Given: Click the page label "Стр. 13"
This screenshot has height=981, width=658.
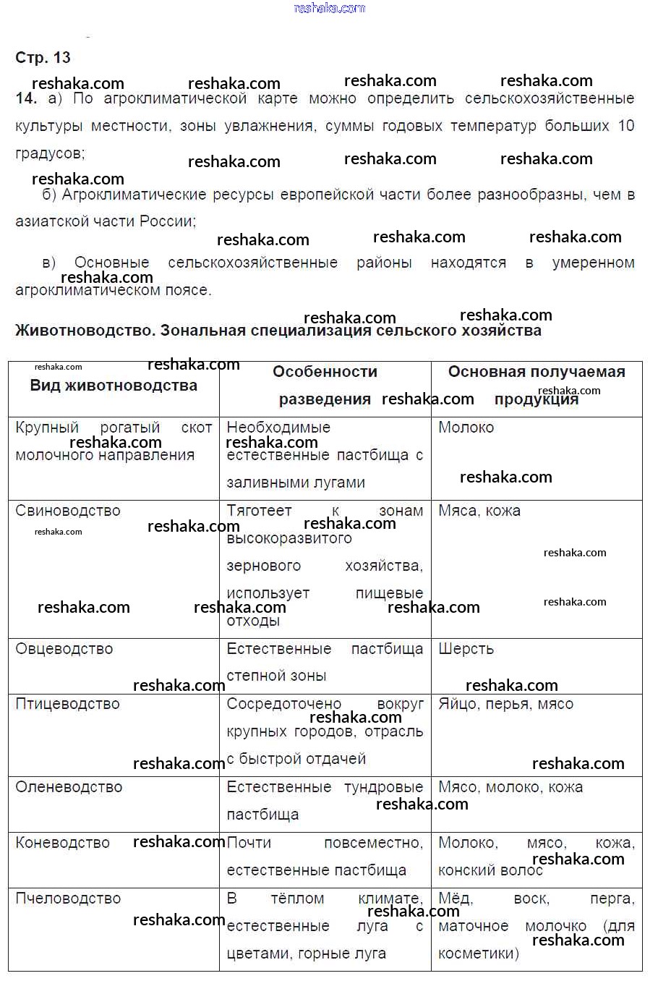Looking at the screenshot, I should pos(43,58).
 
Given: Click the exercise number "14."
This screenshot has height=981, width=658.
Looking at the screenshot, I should pos(25,98).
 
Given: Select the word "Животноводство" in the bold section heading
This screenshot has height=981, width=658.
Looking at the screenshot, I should pos(83,331).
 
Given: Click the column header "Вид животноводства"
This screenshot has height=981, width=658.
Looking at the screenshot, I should pos(114,386).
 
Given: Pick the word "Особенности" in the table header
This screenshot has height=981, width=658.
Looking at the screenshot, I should pos(325,372).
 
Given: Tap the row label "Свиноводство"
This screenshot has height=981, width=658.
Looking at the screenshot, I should pos(68,511).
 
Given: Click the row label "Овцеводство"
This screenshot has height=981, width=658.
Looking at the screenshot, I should pos(64,649).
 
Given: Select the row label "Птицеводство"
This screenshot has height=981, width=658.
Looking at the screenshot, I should pos(67,704).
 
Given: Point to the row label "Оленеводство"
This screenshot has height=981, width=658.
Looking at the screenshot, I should pos(69,787).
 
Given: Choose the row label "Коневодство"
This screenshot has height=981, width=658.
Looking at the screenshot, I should pos(62,843).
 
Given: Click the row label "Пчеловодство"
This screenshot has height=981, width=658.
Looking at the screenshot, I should pos(68,899).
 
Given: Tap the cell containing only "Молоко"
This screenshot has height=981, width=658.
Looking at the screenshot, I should pos(466,428).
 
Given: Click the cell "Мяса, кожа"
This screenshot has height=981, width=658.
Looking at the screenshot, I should pos(479,511).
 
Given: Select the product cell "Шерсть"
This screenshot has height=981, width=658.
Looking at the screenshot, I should pos(466,649).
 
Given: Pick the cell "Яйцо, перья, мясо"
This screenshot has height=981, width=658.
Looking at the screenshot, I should pos(505,704).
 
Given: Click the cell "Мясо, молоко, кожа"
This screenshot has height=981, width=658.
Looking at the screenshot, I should pos(510,787).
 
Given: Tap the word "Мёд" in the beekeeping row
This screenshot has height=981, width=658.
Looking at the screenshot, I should pos(455,899).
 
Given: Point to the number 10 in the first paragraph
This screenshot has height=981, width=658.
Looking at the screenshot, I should pos(625,126).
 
